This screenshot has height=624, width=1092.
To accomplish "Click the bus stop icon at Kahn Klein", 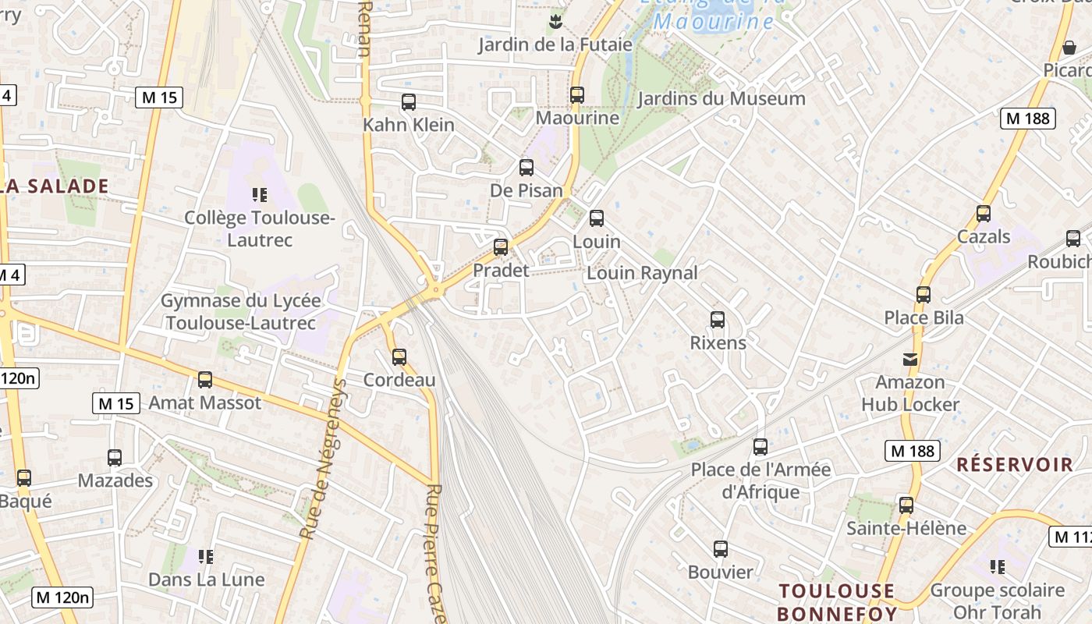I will [408, 102].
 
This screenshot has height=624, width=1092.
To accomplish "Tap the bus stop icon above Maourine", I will [576, 95].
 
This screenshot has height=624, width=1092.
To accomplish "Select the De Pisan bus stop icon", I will [526, 168].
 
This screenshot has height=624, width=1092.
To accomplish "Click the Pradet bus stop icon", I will [501, 247].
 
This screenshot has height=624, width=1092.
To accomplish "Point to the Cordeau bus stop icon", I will [399, 357].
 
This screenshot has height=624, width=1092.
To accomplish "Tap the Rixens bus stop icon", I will [718, 320].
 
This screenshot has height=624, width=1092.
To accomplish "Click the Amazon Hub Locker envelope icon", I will [910, 360].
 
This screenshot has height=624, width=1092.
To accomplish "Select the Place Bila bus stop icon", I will [924, 295].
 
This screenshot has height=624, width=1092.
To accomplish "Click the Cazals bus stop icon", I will [984, 214].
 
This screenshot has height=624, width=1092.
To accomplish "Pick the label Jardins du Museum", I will [721, 99].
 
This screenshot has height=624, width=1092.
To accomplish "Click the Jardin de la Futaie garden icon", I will [555, 21].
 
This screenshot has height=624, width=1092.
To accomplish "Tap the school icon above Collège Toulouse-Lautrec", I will [260, 195].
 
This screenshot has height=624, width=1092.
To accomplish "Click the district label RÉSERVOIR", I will [1015, 465].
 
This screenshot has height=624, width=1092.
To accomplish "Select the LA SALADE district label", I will [55, 186].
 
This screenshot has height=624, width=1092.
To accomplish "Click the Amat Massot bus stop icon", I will [205, 380].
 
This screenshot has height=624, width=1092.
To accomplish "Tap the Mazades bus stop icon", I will [115, 458].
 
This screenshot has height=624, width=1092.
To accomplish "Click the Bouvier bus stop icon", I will [721, 549].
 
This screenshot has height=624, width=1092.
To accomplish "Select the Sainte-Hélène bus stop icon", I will [906, 505].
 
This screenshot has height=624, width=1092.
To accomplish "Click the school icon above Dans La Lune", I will [206, 557].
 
